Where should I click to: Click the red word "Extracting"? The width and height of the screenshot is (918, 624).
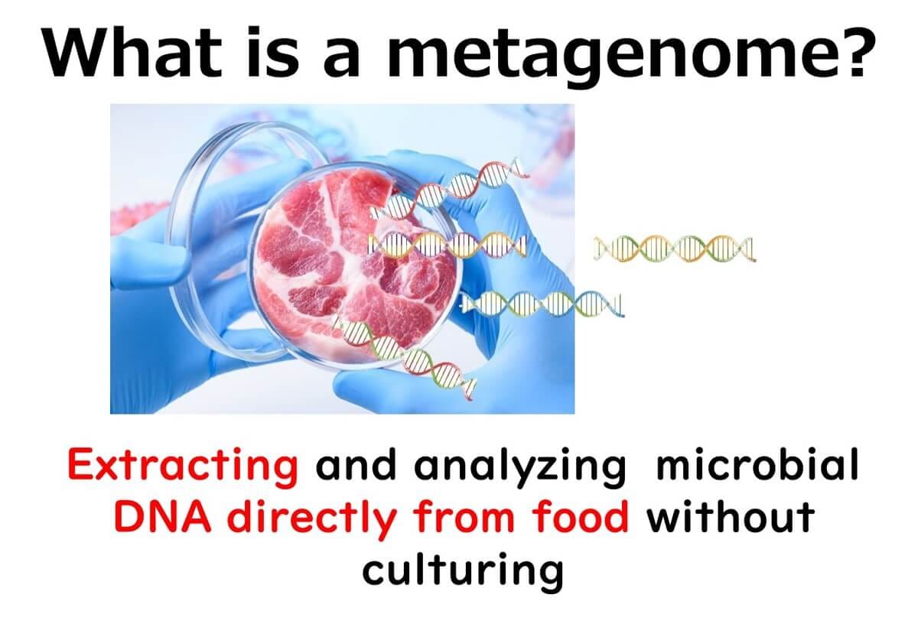pos(182,466)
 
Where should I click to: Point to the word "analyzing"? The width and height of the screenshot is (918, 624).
pos(519,469)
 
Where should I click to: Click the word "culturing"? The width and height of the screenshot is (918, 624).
pos(463,572)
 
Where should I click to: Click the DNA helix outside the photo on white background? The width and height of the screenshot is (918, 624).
pos(675,249)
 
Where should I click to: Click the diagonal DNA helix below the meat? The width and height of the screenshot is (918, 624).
pos(405,358)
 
